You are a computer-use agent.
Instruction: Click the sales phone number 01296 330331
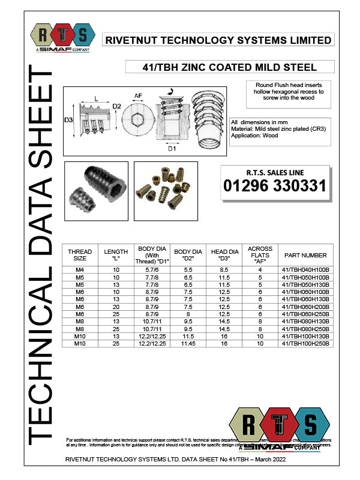(275, 186)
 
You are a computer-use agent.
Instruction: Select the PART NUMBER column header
(305, 255)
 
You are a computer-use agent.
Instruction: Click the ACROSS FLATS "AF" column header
(260, 255)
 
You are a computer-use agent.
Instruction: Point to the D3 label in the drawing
(70, 120)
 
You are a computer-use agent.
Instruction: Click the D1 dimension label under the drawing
(172, 148)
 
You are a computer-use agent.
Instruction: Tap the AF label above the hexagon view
(138, 95)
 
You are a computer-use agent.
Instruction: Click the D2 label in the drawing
(117, 107)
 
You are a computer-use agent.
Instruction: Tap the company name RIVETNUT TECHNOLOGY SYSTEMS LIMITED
(218, 40)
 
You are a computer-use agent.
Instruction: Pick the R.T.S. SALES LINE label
(275, 173)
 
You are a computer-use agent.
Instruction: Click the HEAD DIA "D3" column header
(225, 255)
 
